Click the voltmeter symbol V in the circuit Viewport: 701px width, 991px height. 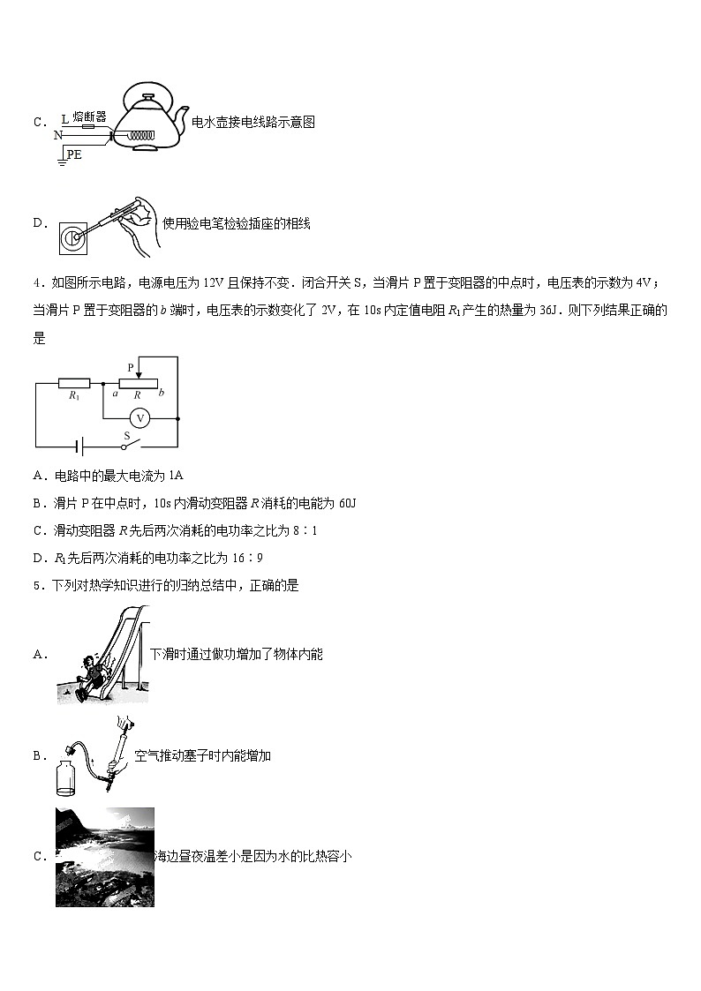(x=139, y=418)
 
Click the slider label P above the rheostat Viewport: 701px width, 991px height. (x=131, y=366)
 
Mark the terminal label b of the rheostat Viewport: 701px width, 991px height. (x=162, y=393)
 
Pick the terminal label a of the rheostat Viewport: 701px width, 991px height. (x=115, y=393)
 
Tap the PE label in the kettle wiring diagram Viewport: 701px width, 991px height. (x=75, y=154)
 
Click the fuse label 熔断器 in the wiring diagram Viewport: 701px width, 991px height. (x=90, y=116)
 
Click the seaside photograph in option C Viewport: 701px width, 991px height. (x=104, y=856)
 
